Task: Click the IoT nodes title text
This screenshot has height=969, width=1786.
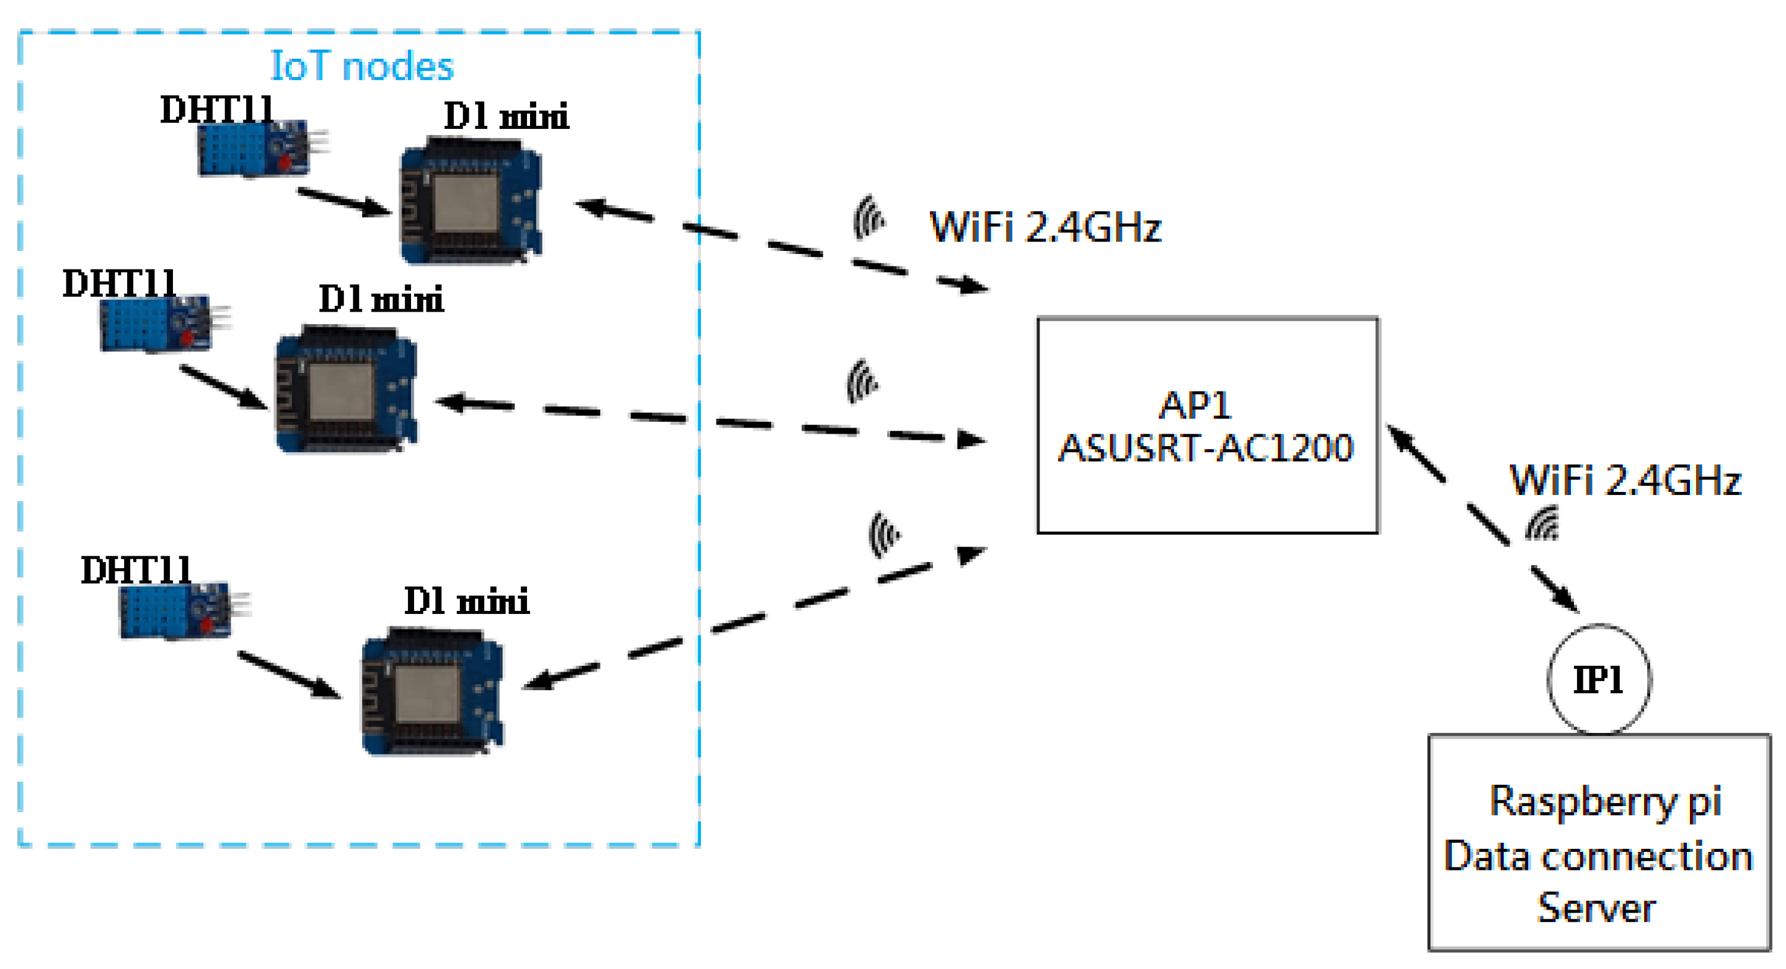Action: pyautogui.click(x=361, y=66)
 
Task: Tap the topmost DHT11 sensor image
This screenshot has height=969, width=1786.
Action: pyautogui.click(x=253, y=149)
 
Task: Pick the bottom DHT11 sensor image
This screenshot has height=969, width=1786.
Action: pyautogui.click(x=175, y=612)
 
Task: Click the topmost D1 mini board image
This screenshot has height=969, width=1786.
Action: pyautogui.click(x=470, y=201)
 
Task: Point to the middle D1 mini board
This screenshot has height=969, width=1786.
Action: pyautogui.click(x=346, y=390)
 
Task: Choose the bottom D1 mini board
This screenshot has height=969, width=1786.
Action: pyautogui.click(x=432, y=692)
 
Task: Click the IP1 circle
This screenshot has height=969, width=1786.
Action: pyautogui.click(x=1598, y=679)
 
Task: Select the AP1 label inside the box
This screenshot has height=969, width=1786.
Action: pyautogui.click(x=1195, y=405)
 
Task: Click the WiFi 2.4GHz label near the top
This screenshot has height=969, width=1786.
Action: pyautogui.click(x=1044, y=227)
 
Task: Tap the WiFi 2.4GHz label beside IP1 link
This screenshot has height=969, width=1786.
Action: pyautogui.click(x=1624, y=480)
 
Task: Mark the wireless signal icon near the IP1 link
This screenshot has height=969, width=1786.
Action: pyautogui.click(x=1542, y=524)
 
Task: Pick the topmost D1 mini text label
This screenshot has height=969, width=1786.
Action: pyautogui.click(x=506, y=116)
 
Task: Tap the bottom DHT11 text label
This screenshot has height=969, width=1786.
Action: pyautogui.click(x=136, y=570)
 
